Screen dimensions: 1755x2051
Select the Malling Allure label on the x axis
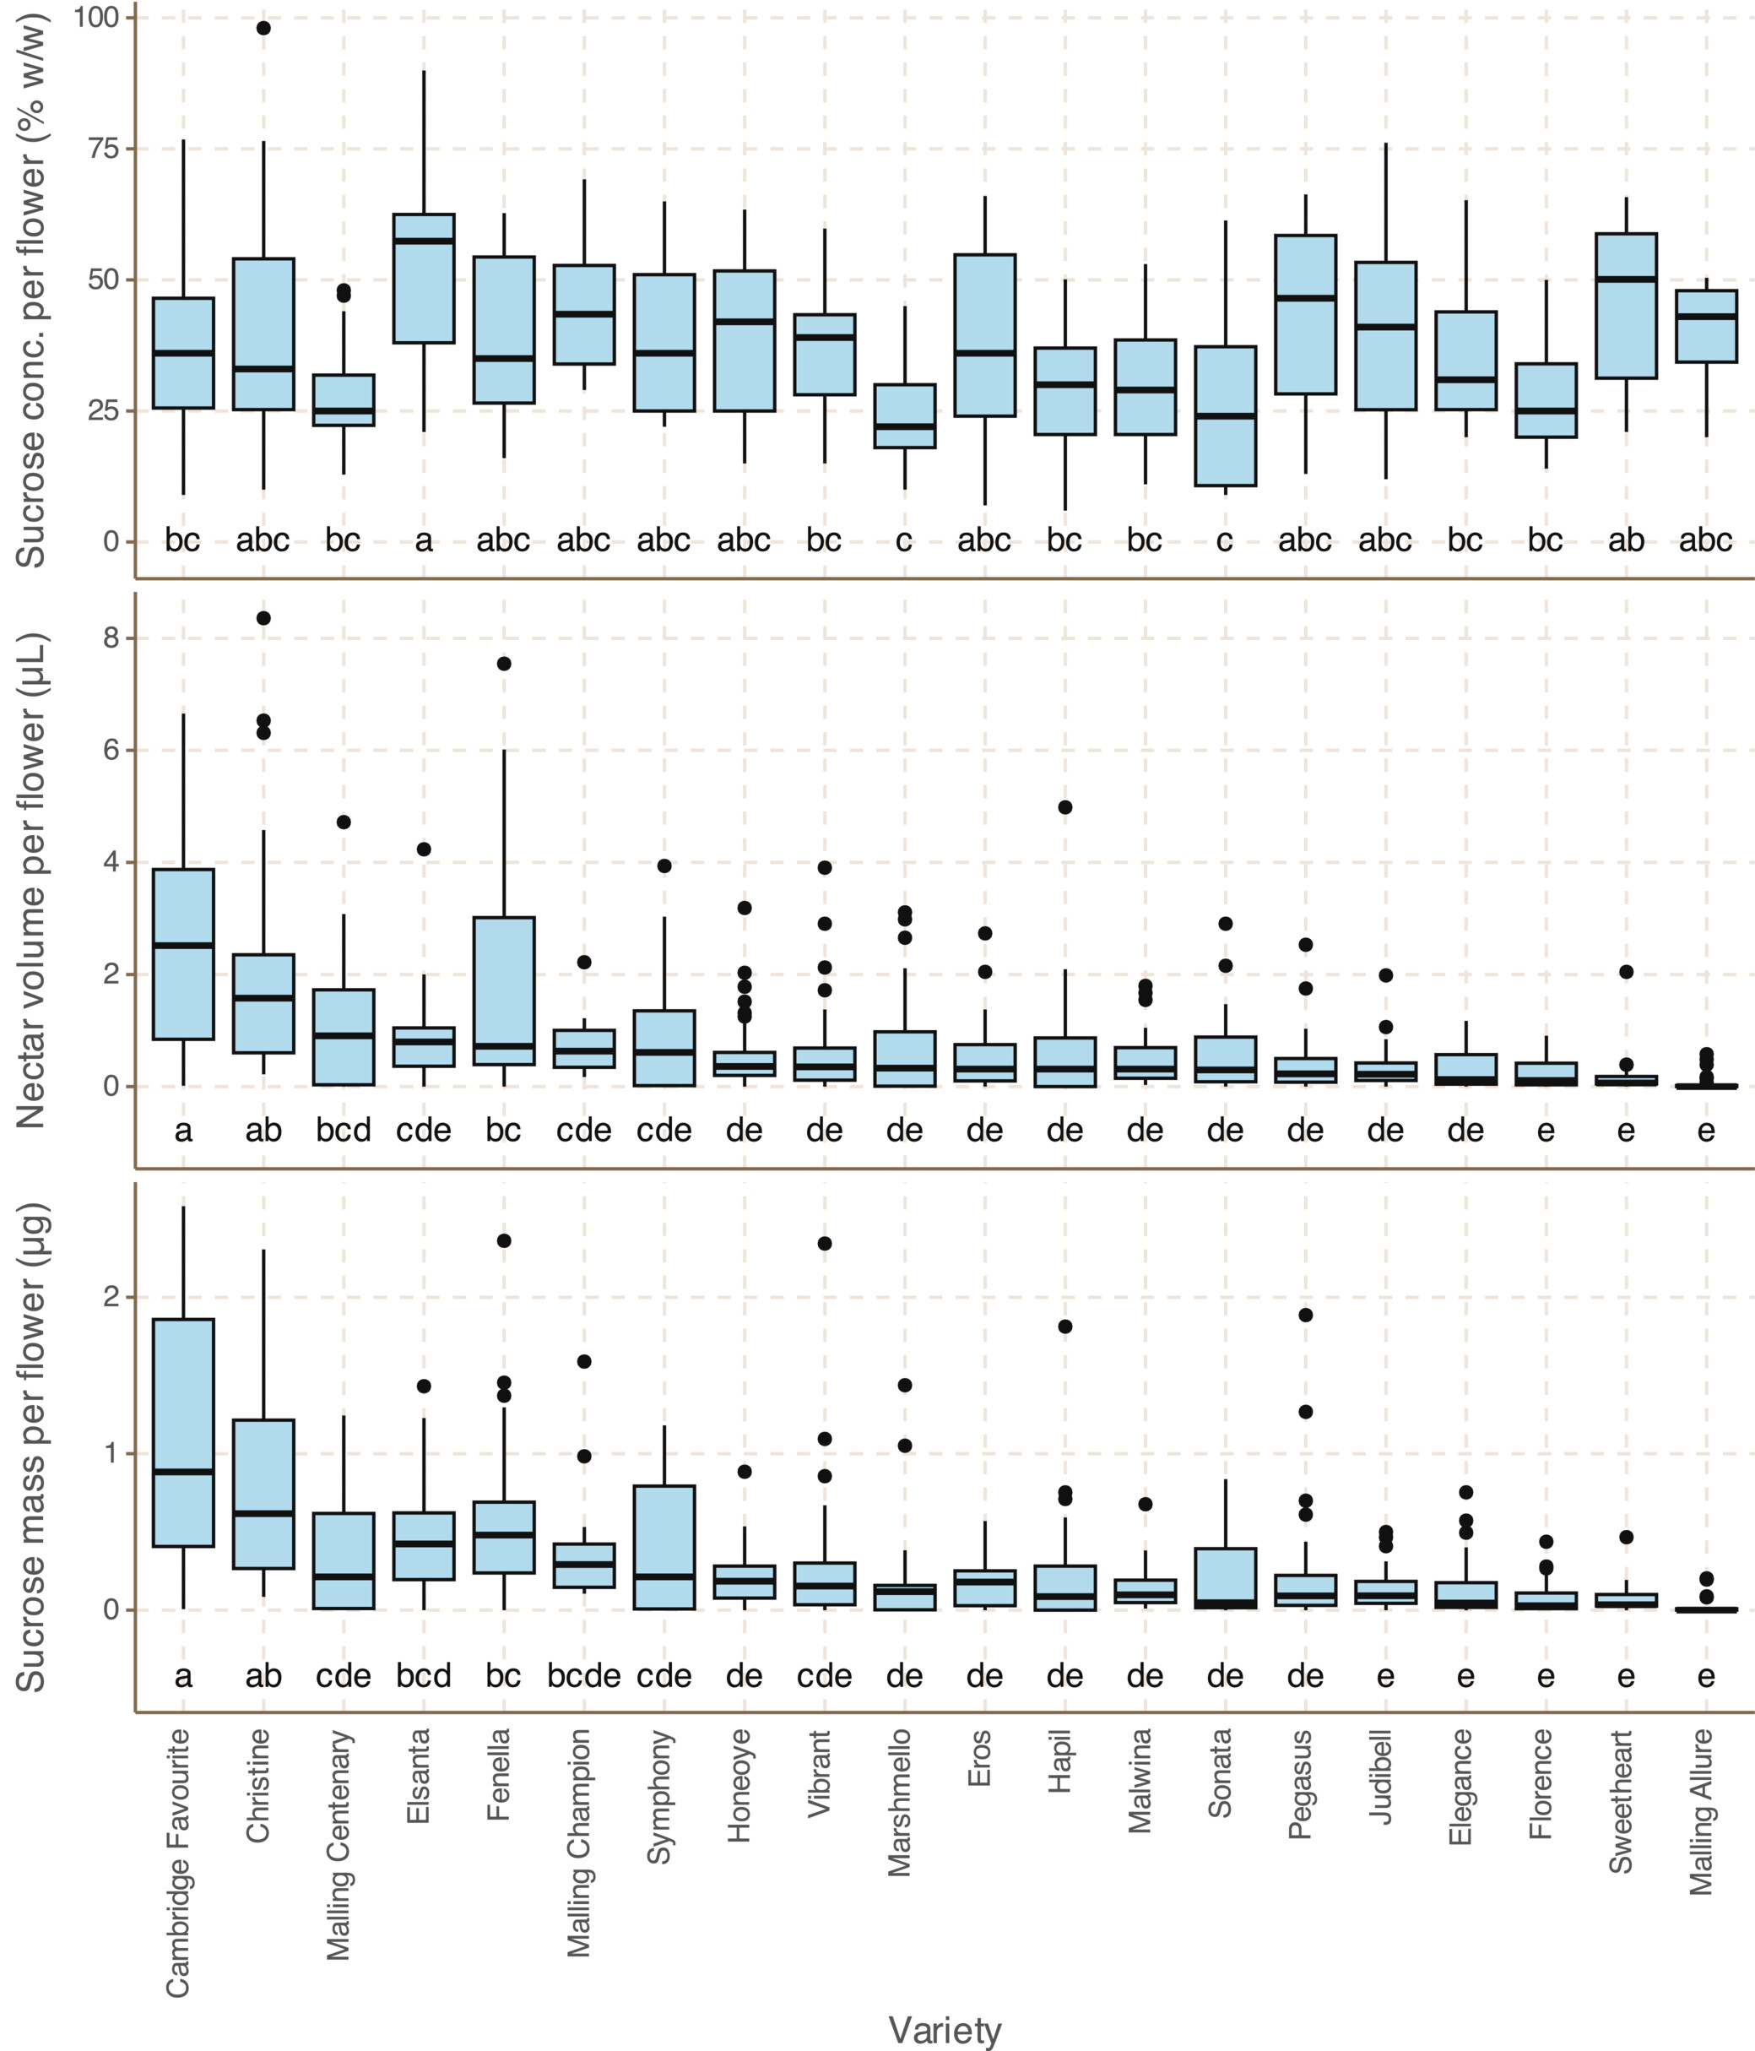(x=1701, y=1811)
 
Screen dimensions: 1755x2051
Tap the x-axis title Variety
(x=945, y=2029)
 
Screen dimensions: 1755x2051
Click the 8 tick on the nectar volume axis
(x=109, y=638)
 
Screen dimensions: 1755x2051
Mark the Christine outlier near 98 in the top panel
(x=263, y=28)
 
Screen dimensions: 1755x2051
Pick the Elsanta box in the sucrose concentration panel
(x=424, y=278)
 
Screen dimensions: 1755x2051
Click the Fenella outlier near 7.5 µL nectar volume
(x=504, y=663)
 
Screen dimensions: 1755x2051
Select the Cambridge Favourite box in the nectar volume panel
(x=183, y=954)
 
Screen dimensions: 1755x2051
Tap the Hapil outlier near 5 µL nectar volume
(x=1065, y=806)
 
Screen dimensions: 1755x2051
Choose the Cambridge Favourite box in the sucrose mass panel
(x=183, y=1432)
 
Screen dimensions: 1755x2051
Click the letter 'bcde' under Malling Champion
(x=584, y=1676)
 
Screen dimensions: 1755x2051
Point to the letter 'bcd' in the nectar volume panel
(x=344, y=1131)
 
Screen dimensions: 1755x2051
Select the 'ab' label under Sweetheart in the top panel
(x=1625, y=540)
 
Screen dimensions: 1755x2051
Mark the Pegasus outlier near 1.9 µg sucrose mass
(x=1306, y=1315)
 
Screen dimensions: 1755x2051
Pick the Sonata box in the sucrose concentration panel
(x=1226, y=415)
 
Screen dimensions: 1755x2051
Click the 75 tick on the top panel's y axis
(x=105, y=149)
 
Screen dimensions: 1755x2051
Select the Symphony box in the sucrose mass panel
(x=664, y=1547)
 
